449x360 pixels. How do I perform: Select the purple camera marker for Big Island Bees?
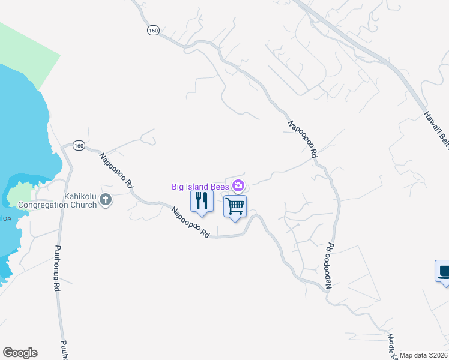[x=239, y=185]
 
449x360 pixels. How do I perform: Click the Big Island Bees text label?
[x=200, y=187]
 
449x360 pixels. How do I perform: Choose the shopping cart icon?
[x=235, y=206]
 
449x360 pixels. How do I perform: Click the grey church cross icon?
[x=106, y=200]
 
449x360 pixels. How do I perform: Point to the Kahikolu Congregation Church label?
[x=58, y=200]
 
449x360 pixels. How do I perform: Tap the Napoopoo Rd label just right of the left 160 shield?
[x=116, y=171]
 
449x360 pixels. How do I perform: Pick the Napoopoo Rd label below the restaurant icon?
[x=190, y=223]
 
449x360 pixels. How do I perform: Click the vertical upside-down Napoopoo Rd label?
[x=330, y=265]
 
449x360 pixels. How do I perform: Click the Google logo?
[x=20, y=353]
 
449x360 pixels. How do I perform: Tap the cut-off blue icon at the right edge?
[x=443, y=271]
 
